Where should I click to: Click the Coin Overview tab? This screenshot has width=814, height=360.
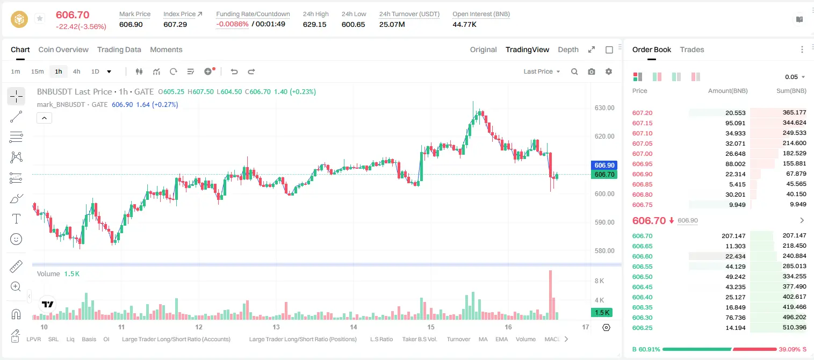click(x=63, y=49)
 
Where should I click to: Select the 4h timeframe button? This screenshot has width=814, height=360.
click(x=76, y=71)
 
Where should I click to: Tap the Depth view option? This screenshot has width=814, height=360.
click(x=568, y=49)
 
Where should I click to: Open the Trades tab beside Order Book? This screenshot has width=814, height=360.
click(x=692, y=49)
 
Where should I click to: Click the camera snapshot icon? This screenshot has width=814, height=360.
click(x=592, y=71)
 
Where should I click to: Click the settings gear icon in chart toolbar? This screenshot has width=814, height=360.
click(x=609, y=71)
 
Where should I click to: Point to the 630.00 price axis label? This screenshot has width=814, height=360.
click(x=604, y=108)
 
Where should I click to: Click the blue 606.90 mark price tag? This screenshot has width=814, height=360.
click(x=604, y=165)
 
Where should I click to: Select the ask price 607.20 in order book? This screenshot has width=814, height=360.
click(x=642, y=113)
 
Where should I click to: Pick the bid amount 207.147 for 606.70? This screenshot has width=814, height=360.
click(x=733, y=236)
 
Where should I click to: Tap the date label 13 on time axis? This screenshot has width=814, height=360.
click(x=276, y=327)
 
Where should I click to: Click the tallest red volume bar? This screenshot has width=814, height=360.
click(x=551, y=295)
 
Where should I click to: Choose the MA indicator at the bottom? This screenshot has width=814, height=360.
click(x=483, y=339)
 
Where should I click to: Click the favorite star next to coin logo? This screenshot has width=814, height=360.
click(x=40, y=18)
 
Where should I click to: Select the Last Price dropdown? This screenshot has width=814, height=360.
click(x=542, y=71)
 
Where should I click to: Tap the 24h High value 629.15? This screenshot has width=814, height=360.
click(x=315, y=24)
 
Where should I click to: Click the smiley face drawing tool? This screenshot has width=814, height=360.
click(x=16, y=239)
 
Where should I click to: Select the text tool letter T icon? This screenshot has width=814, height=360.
click(x=16, y=219)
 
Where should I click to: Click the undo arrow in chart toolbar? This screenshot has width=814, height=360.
click(x=234, y=71)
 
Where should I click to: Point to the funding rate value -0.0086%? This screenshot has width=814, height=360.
click(x=232, y=24)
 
